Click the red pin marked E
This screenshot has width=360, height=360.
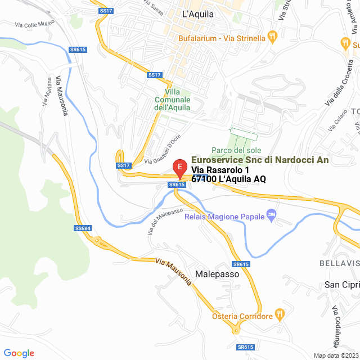click(179, 168)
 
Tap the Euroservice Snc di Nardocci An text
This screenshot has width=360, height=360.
click(260, 160)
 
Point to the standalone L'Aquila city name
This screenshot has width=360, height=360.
click(199, 15)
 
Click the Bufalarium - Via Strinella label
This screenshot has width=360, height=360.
click(221, 38)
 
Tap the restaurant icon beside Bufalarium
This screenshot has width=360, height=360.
click(272, 38)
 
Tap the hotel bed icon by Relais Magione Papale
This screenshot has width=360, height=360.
click(272, 215)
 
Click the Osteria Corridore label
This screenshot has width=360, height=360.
click(242, 316)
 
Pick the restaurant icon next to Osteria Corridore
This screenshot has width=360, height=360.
click(278, 314)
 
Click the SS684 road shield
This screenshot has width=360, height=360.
click(82, 228)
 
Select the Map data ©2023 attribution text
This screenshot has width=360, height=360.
click(335, 355)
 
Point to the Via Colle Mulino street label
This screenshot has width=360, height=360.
click(34, 25)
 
